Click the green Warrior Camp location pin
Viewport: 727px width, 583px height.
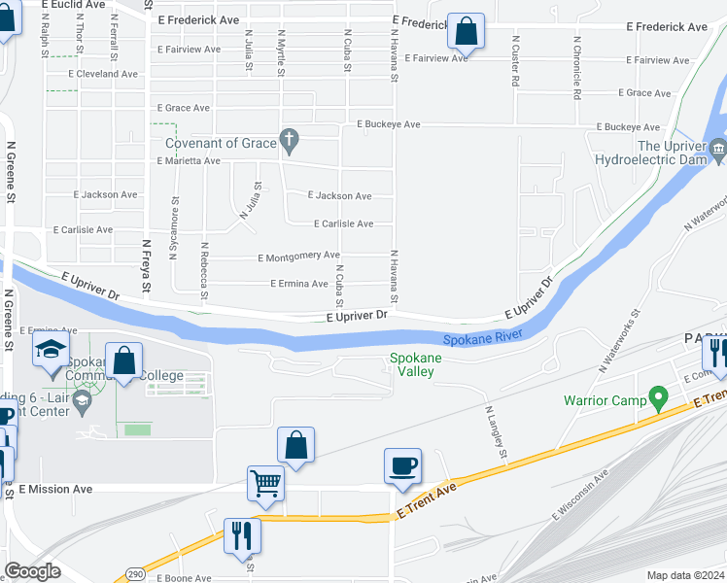pos(658,398)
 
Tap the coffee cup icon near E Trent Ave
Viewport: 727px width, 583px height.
pos(402,465)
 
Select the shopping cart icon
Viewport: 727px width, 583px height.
pos(265,482)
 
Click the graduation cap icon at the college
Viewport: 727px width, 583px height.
pos(51,350)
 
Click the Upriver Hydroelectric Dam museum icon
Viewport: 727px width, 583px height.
pos(718,149)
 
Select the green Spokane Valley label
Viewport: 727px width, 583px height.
pos(416,364)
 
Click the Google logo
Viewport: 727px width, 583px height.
pos(32,570)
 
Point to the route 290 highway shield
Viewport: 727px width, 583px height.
pos(136,575)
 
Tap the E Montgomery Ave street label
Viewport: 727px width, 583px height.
pos(298,257)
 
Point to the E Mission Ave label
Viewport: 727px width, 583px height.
pos(55,489)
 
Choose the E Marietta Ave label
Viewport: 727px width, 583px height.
pos(189,160)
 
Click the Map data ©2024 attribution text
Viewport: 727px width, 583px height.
pos(685,575)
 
